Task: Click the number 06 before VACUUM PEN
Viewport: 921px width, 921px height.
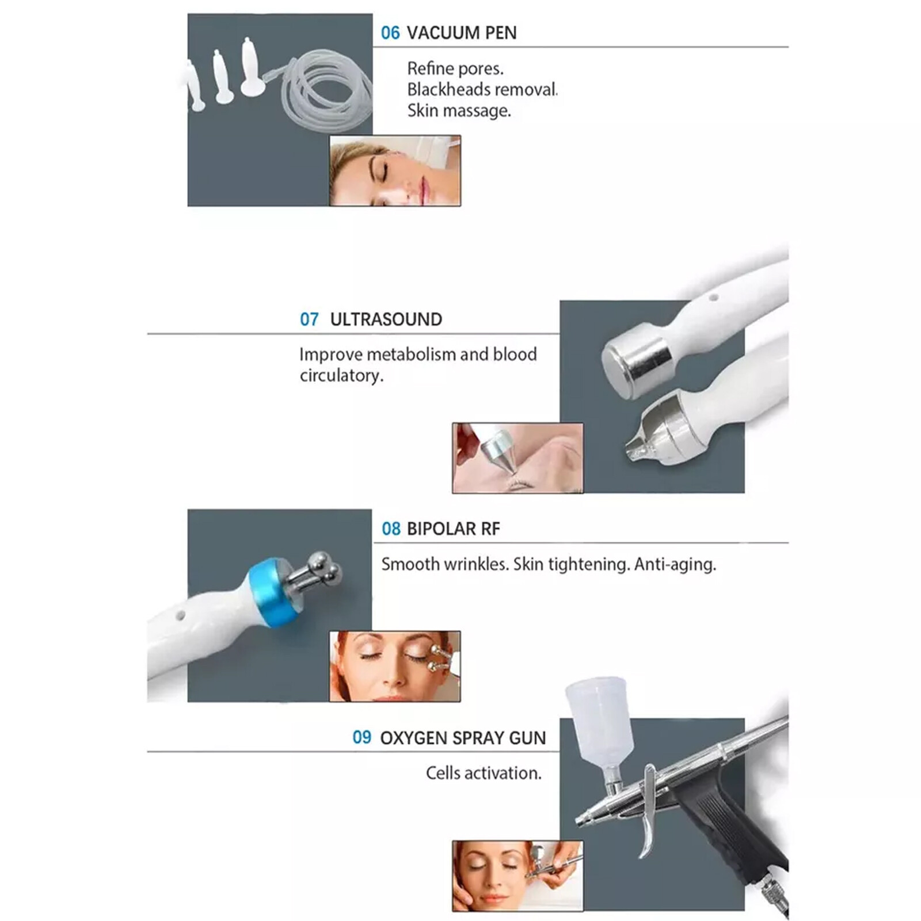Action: point(390,33)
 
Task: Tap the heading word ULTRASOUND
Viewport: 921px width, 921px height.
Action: point(386,319)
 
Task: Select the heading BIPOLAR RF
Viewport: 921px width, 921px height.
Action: point(453,529)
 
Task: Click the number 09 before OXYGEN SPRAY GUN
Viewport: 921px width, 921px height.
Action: point(361,737)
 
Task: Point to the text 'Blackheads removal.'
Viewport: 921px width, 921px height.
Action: point(482,90)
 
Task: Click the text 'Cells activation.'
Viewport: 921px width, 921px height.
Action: point(484,773)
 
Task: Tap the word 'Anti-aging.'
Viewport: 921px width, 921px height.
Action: point(675,564)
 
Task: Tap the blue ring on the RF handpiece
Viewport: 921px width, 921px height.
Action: point(271,593)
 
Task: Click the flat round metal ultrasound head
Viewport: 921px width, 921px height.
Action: point(636,360)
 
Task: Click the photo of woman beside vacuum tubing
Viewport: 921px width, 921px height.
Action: point(395,170)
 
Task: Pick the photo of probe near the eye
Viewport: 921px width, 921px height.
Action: point(517,458)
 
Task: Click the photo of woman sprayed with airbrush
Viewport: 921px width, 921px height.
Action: point(517,876)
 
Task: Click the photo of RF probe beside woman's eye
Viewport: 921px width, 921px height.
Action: point(395,666)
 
